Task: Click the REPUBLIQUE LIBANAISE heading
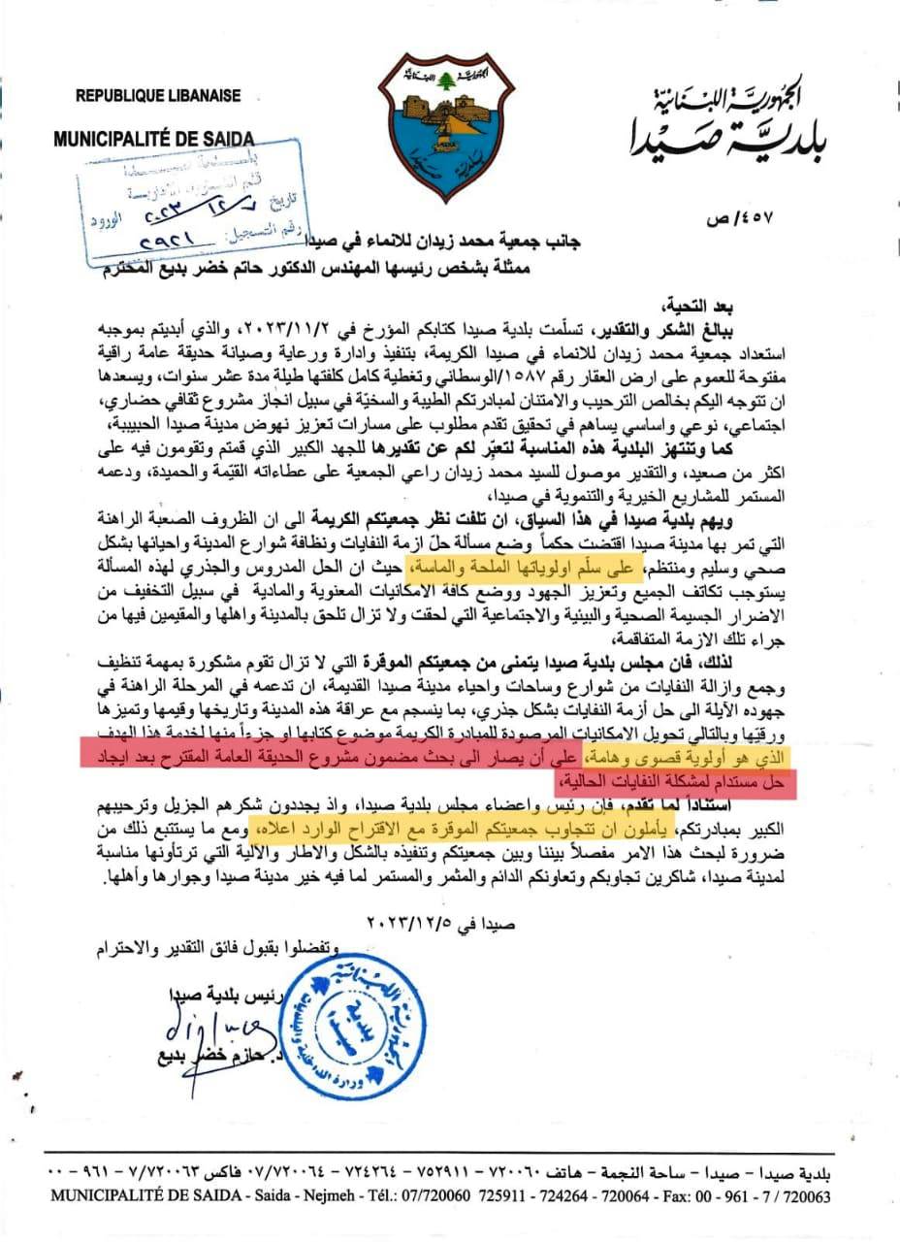158,96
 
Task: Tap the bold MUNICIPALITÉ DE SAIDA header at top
153,139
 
